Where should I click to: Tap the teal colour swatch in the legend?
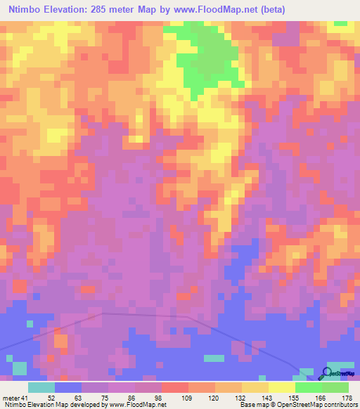coord(41,387)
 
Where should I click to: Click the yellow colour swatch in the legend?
coord(282,387)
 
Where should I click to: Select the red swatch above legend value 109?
coord(175,387)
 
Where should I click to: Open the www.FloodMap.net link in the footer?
coord(140,404)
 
